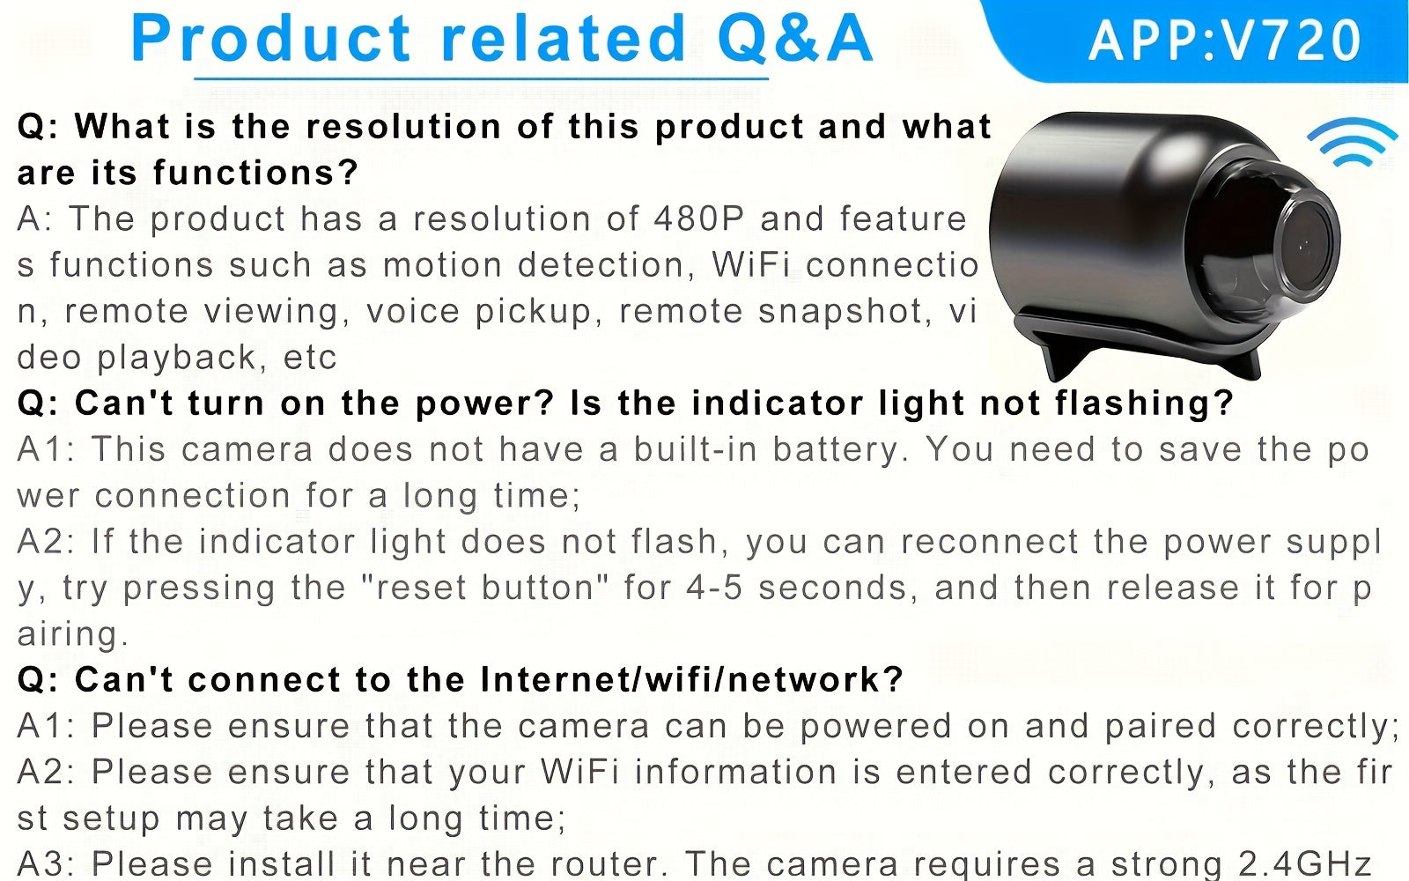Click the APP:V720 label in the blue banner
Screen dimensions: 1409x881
point(1224,41)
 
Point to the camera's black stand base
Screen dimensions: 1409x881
point(1139,343)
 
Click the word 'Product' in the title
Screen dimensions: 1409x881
point(271,39)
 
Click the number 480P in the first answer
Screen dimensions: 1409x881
point(699,219)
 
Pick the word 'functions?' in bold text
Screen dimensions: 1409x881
point(255,173)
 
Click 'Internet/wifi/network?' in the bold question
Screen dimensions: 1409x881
point(692,679)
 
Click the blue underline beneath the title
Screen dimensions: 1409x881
point(481,79)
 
